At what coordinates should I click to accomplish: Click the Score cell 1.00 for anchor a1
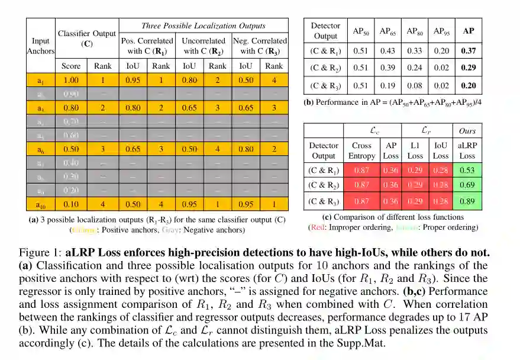click(71, 80)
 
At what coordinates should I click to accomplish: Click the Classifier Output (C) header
click(87, 38)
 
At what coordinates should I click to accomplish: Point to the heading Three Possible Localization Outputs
click(204, 25)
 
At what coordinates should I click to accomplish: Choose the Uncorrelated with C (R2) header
click(204, 46)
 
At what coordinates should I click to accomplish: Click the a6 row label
click(41, 149)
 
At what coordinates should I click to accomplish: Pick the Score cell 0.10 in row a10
click(71, 204)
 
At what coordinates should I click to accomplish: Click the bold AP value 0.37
click(468, 52)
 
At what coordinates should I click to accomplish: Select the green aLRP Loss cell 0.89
click(467, 201)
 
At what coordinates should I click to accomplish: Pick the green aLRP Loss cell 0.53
click(467, 171)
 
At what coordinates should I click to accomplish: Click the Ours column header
click(467, 130)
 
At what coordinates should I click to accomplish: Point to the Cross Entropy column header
click(361, 150)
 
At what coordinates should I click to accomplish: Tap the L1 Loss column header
click(415, 150)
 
